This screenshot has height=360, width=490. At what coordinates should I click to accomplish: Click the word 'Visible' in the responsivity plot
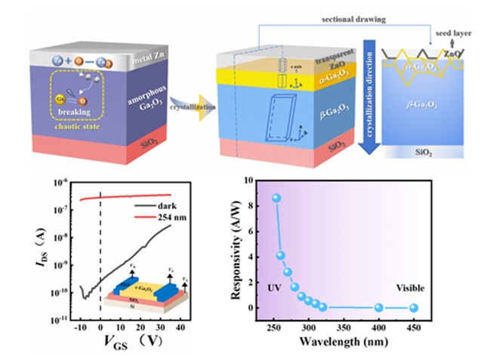(x=410, y=288)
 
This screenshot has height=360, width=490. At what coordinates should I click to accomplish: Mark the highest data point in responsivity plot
(x=276, y=198)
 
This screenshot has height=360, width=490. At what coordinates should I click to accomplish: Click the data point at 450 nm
(x=414, y=307)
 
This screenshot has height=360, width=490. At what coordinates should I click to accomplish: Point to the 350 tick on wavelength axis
(x=344, y=325)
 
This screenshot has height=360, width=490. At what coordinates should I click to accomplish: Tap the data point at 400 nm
(x=378, y=307)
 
